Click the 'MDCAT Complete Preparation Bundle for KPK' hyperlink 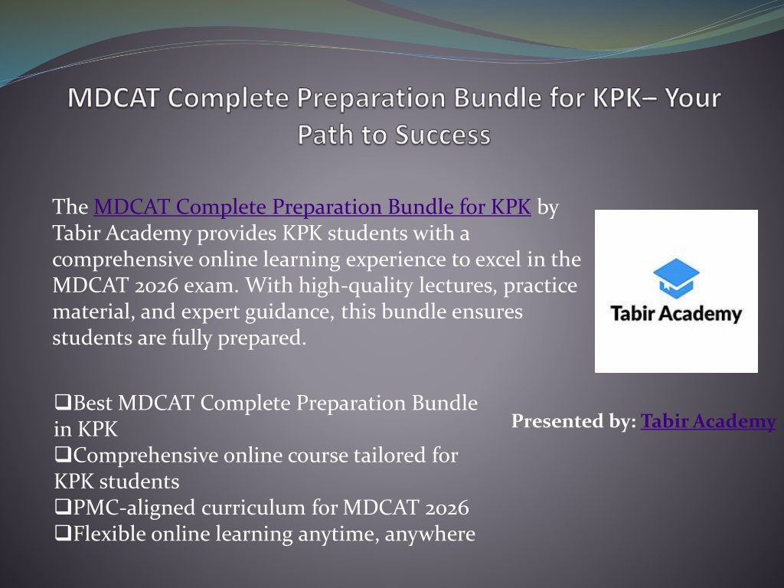point(312,207)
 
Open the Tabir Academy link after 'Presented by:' point(708,421)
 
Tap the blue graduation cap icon point(676,277)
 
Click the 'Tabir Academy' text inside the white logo point(676,314)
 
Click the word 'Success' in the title point(443,135)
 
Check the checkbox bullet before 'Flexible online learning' point(63,534)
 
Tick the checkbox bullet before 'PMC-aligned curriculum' point(63,507)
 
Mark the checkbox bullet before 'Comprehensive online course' point(63,455)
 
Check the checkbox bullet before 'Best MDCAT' point(63,403)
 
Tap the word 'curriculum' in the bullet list point(253,508)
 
